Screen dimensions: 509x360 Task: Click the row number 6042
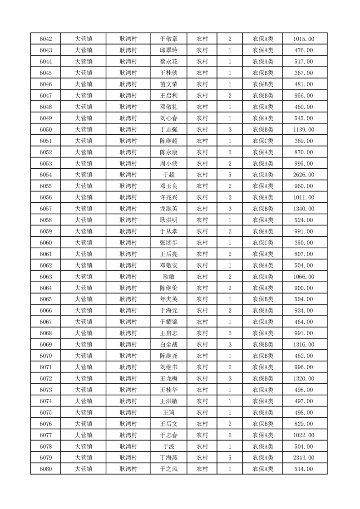[46, 39]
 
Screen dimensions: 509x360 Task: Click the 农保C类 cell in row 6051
[263, 141]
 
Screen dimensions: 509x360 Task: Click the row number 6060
[46, 243]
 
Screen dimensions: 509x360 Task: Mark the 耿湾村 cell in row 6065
[128, 299]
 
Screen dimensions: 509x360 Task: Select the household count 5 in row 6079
[230, 458]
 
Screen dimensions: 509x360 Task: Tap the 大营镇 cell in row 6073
[84, 390]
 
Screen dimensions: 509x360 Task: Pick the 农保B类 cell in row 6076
[263, 424]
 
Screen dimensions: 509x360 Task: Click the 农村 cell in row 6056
[202, 197]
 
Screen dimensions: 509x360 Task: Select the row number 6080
[46, 469]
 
